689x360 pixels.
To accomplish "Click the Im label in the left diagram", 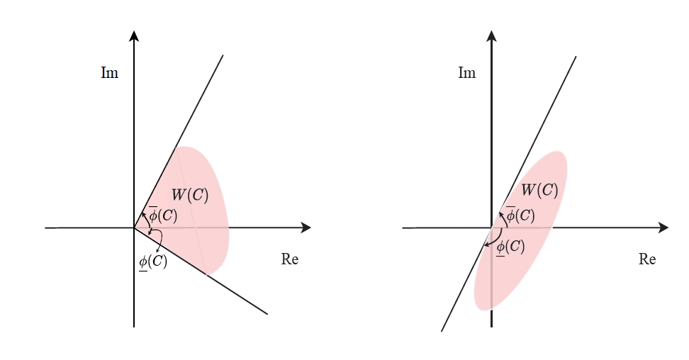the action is click(x=109, y=72).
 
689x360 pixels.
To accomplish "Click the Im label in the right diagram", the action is click(x=466, y=72).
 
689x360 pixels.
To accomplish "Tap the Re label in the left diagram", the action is click(x=290, y=259).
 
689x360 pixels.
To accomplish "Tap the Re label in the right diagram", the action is click(x=647, y=259).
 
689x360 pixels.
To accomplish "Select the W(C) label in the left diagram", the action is click(x=190, y=195).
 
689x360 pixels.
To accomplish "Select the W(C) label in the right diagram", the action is click(x=539, y=191).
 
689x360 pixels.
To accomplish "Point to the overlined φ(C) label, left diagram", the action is click(x=163, y=215).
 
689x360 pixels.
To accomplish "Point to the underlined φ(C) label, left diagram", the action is click(x=153, y=262).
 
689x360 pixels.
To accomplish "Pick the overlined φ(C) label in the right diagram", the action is click(x=520, y=215).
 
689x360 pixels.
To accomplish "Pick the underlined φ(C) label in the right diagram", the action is click(x=510, y=247).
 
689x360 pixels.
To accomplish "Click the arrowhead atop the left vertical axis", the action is click(x=134, y=35).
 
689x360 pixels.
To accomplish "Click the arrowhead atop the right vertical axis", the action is click(x=492, y=35).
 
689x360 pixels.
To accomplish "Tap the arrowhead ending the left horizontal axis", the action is click(x=306, y=227).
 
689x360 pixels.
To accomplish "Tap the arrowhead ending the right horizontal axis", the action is click(x=663, y=227).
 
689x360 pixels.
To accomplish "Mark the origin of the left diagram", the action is click(x=134, y=227).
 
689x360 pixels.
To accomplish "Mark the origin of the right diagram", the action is click(x=492, y=227).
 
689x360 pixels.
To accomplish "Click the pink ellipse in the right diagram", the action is click(x=521, y=231).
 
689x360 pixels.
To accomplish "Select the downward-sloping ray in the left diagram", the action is click(x=201, y=271).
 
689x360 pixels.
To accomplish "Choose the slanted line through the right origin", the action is click(x=508, y=194).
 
